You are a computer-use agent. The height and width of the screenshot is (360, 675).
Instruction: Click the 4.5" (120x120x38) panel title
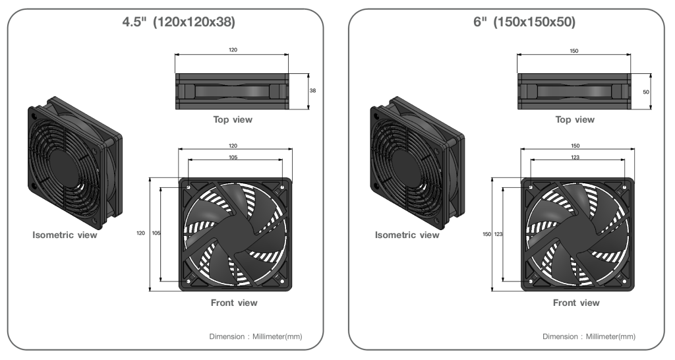pos(179,22)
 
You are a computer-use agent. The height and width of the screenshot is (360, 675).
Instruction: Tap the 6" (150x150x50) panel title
pos(524,22)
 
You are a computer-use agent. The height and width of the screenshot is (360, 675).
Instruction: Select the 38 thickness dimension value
pos(312,90)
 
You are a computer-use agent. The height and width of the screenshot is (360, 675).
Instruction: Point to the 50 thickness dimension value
pos(646,92)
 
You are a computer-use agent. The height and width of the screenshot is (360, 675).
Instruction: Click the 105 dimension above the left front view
pos(233,157)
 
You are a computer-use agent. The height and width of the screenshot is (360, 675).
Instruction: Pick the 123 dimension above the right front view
pos(575,157)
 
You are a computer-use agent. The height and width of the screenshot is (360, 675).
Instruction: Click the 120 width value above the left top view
pos(233,50)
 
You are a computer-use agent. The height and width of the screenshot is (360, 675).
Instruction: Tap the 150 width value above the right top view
pos(574,51)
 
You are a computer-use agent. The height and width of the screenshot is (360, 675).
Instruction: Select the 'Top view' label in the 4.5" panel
pos(233,120)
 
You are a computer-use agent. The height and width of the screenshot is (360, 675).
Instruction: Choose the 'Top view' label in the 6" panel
pos(575,120)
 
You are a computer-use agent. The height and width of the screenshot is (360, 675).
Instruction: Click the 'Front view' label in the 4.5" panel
pos(234,303)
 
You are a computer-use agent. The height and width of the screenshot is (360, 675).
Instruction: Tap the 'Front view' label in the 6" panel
pos(576,303)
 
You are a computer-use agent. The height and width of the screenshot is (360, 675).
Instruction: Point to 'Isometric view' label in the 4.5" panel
pos(65,235)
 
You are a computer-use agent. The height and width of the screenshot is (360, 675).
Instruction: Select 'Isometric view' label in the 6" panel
pos(407,235)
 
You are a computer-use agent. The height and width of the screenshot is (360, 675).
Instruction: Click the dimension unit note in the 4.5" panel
pos(256,336)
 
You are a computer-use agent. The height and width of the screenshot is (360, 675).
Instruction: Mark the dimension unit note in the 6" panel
pos(589,336)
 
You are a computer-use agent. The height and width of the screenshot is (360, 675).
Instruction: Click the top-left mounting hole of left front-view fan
pos(189,187)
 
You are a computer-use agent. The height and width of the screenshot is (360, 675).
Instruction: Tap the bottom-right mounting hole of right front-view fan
pos(624,281)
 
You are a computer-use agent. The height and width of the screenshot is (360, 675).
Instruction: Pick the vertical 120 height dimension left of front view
pos(141,233)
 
